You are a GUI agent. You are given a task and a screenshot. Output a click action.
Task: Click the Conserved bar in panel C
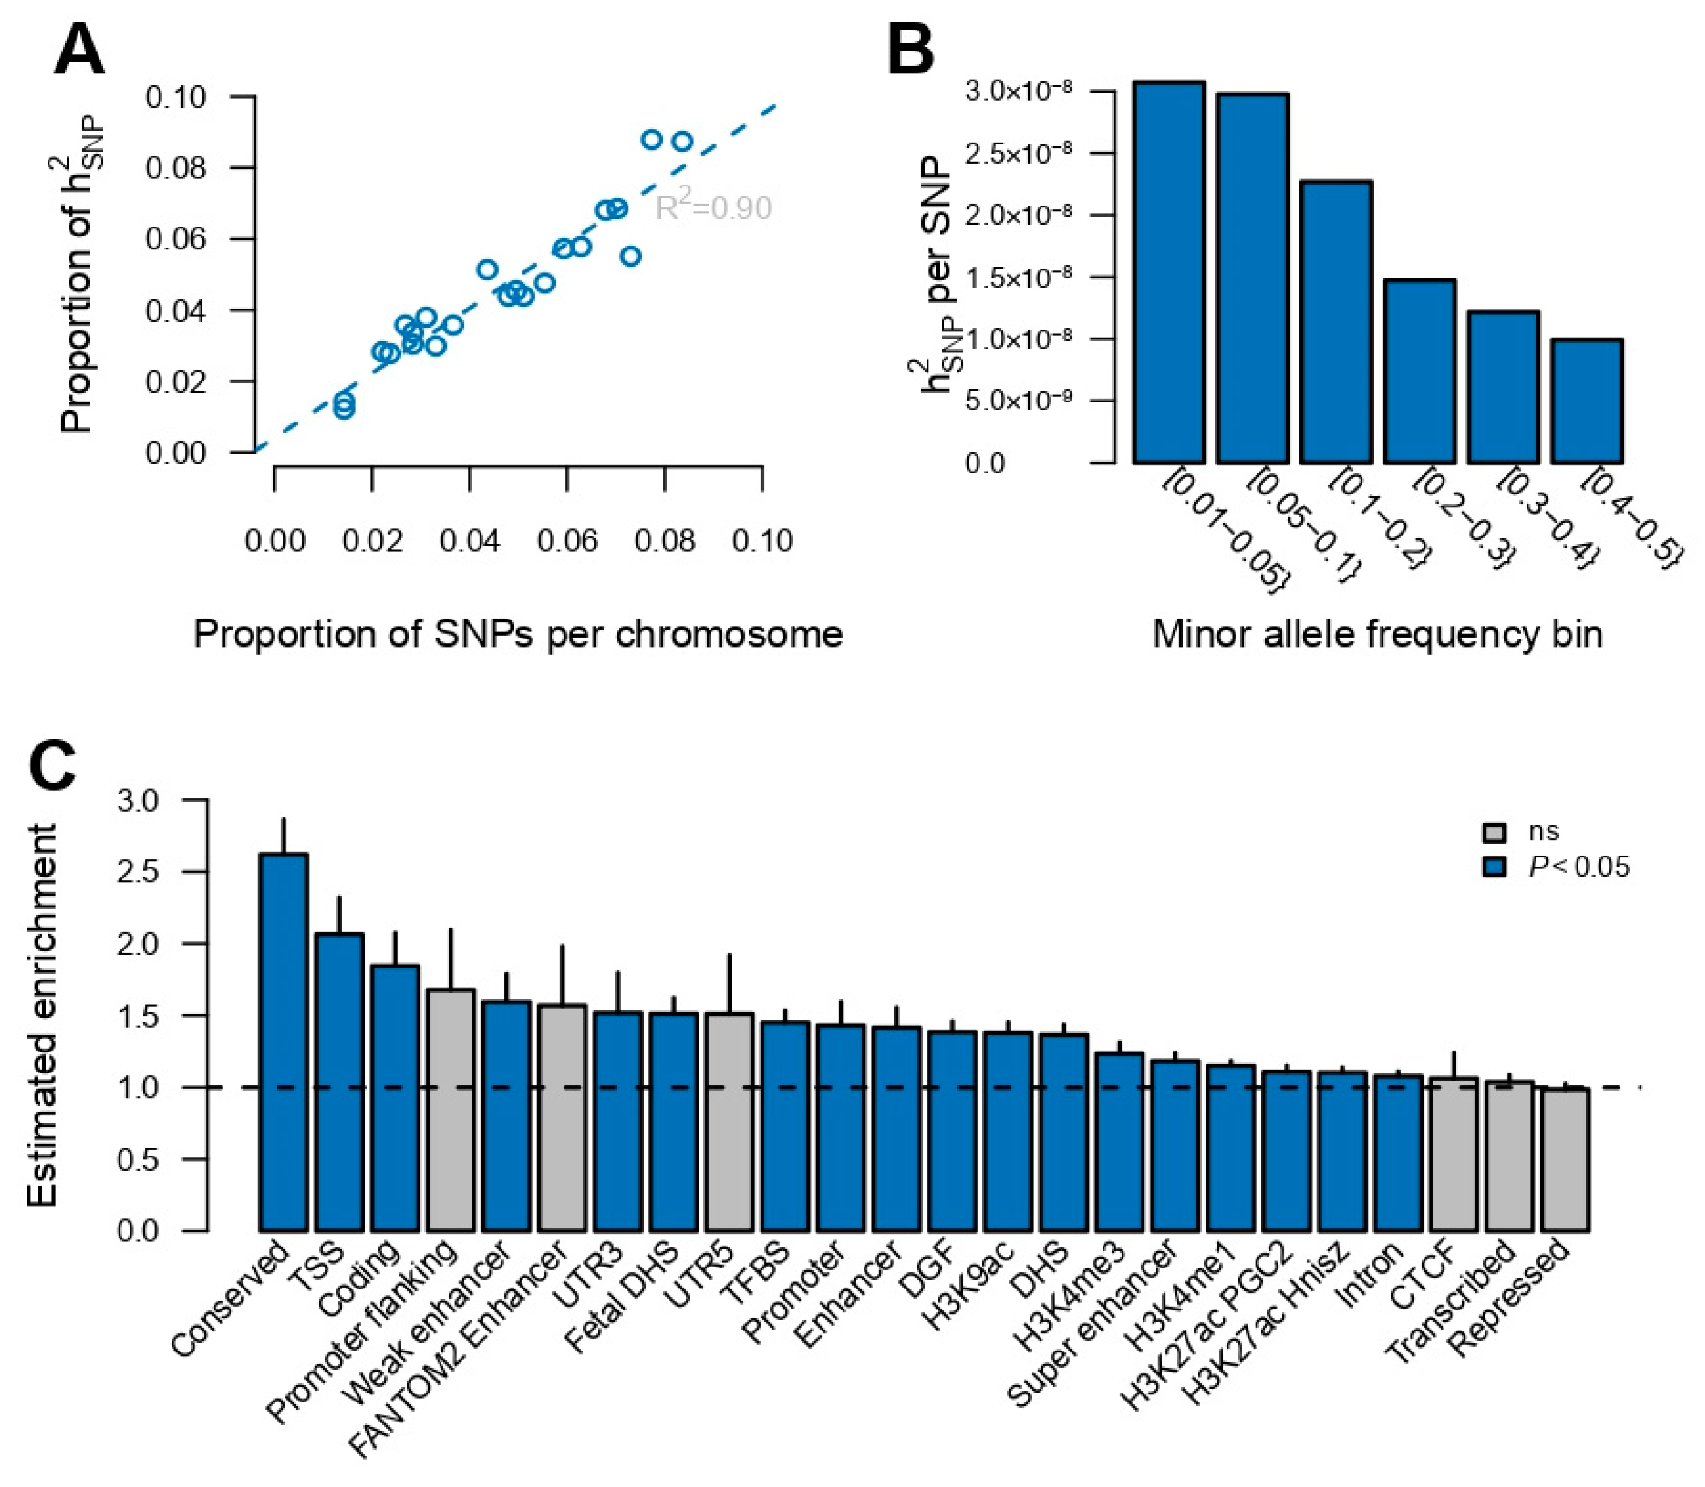[x=284, y=1041]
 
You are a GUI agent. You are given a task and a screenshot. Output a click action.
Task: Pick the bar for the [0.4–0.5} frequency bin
[x=1586, y=401]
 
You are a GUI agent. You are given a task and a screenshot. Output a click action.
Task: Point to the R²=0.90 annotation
[x=714, y=207]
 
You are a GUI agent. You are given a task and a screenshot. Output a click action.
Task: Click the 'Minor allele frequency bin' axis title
[x=1377, y=635]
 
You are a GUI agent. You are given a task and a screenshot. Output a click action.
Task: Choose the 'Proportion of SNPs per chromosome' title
[x=518, y=635]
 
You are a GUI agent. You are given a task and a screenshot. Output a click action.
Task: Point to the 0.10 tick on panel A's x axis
[x=762, y=541]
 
